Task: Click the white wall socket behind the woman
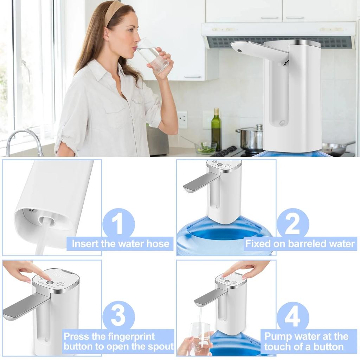tap(182, 119)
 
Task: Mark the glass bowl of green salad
tap(206, 148)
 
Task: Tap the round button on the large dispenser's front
tap(282, 123)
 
